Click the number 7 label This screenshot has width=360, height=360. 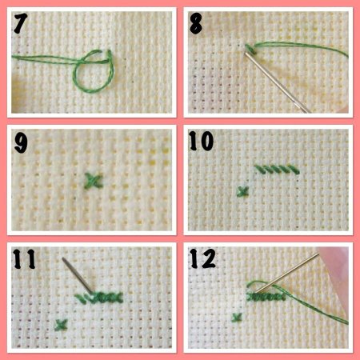(x=21, y=23)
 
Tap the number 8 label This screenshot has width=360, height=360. (x=196, y=23)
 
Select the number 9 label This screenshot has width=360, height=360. (x=21, y=142)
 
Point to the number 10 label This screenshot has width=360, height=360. (x=202, y=141)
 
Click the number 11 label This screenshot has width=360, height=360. (x=24, y=259)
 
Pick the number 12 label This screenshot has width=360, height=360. (x=202, y=258)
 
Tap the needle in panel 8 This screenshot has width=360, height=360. (x=278, y=82)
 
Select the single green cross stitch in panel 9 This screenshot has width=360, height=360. (x=94, y=181)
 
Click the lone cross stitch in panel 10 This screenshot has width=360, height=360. (x=242, y=191)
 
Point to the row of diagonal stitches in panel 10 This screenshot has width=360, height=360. (x=278, y=170)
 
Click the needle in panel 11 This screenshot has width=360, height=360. (x=78, y=275)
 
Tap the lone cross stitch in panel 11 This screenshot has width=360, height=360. (x=61, y=325)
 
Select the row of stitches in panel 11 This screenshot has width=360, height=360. (x=98, y=298)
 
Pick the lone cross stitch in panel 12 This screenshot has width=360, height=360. (x=237, y=318)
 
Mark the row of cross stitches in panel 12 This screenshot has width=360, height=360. (x=266, y=297)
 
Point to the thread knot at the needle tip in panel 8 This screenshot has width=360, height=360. (x=250, y=50)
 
